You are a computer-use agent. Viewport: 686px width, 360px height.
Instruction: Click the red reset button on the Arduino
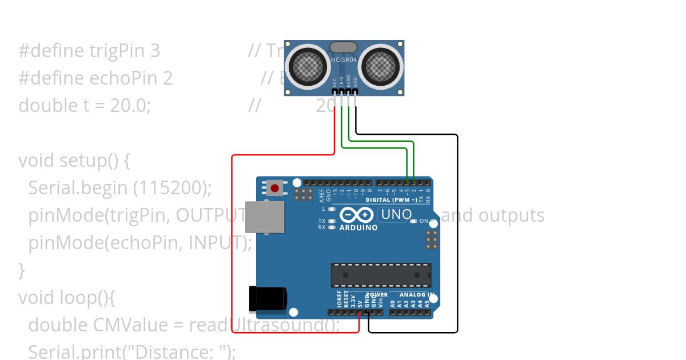point(275,188)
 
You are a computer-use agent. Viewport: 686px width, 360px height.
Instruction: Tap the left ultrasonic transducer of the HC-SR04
point(307,66)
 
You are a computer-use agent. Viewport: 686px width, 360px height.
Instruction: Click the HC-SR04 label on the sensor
point(344,59)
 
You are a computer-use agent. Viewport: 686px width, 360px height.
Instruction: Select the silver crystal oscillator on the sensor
point(344,47)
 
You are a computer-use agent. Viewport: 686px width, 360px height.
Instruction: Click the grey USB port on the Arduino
point(265,217)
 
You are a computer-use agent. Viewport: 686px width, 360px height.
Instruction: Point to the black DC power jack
point(268,298)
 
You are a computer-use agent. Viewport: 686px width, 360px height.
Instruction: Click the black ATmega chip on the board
point(381,275)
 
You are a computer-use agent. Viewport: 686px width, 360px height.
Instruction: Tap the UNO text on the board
point(396,215)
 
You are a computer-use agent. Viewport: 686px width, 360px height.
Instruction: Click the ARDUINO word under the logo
point(358,227)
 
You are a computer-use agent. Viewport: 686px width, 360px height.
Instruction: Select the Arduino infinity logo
point(357,215)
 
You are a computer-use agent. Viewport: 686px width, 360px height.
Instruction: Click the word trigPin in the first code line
point(117,51)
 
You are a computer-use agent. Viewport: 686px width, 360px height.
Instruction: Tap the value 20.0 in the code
point(131,106)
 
